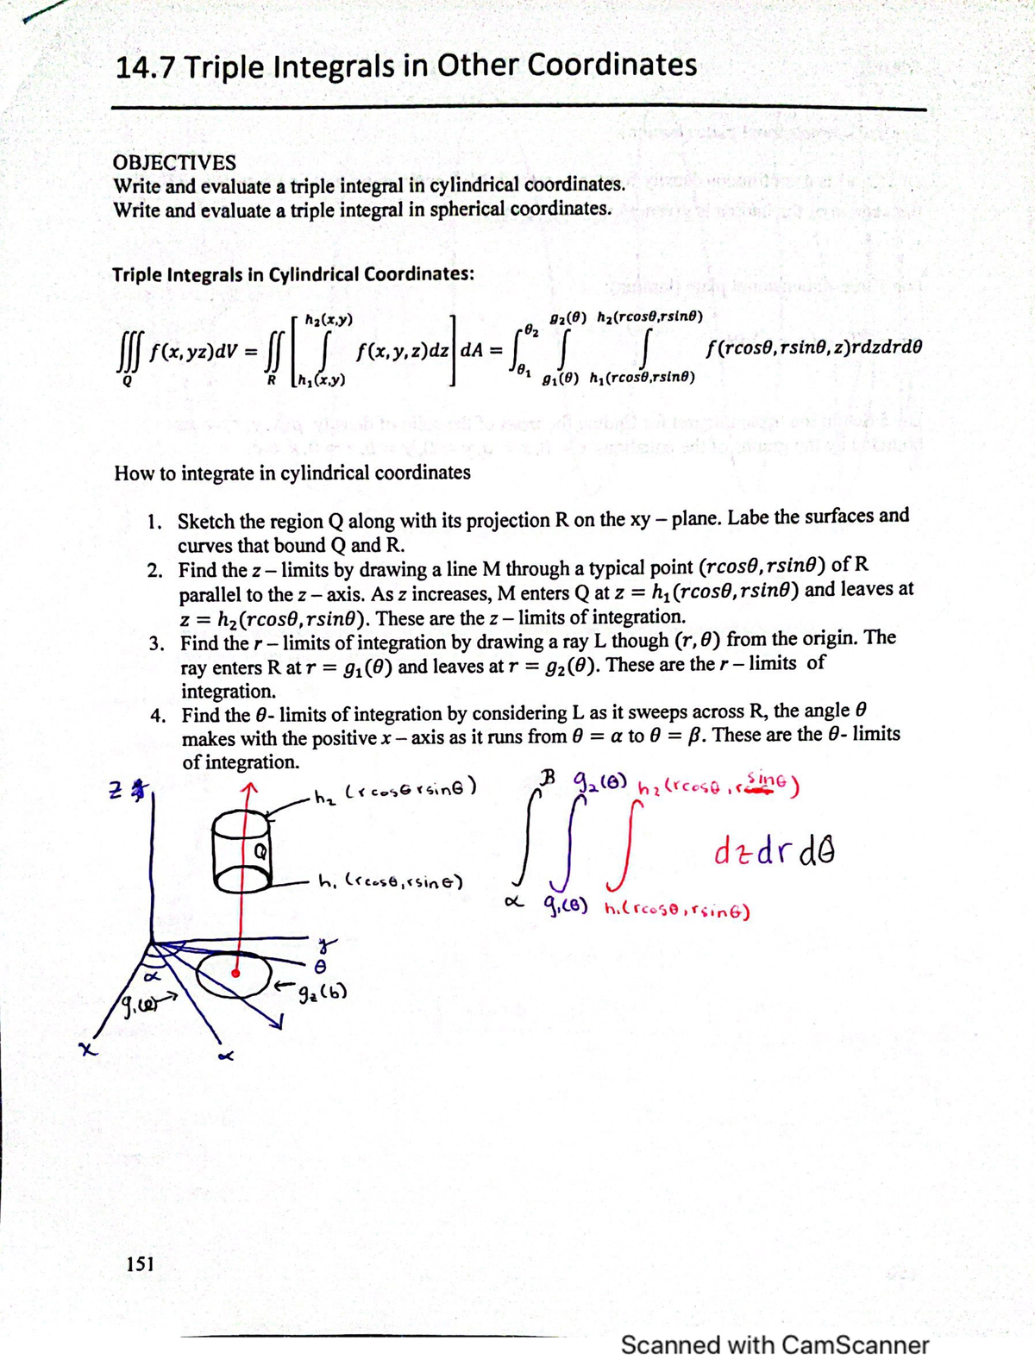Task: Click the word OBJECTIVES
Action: [174, 163]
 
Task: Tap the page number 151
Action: [140, 1263]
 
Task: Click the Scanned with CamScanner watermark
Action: [775, 1344]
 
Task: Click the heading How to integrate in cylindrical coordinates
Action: [292, 473]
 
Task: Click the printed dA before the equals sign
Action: [471, 351]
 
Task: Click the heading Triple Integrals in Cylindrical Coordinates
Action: [293, 274]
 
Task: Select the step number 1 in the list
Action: [154, 522]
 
